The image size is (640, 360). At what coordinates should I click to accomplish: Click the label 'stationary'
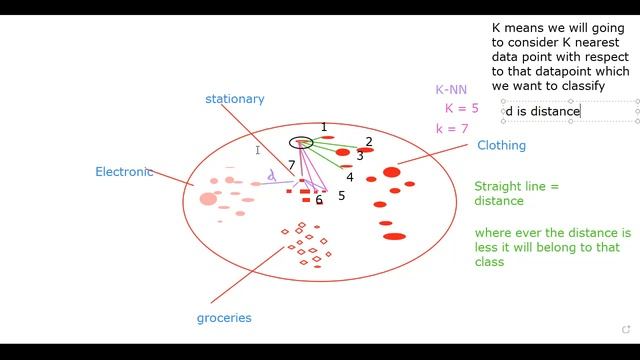pos(234,99)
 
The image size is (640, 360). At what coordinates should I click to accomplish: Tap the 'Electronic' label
pos(124,172)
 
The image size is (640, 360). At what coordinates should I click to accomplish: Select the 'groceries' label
pos(224,318)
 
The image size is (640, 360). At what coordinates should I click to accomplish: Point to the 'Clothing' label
pos(501,146)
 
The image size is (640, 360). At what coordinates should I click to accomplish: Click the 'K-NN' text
pos(451,90)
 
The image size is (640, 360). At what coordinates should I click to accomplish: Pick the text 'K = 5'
pos(462,108)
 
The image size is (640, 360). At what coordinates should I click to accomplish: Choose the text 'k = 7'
pos(452,129)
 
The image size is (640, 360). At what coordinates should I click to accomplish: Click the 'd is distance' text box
pos(544,111)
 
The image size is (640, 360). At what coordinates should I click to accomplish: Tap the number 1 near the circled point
pos(324,127)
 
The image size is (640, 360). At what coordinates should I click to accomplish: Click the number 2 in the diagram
pos(369,142)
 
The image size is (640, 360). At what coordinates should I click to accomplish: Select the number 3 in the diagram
pos(360,156)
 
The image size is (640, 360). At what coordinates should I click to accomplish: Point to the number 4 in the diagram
pos(350,177)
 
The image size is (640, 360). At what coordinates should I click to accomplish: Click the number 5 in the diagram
pos(341,196)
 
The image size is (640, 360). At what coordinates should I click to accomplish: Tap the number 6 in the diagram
pos(319,200)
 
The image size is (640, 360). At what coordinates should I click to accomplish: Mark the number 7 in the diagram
pos(292,165)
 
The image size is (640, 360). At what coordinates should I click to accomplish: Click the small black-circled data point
pos(301,143)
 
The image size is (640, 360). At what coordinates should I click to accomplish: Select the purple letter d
pos(271,176)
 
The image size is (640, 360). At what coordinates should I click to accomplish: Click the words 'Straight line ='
pos(516,187)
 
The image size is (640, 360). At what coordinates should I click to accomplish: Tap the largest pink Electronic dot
pos(208,199)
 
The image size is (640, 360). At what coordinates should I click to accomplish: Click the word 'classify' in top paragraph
pos(582,86)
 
